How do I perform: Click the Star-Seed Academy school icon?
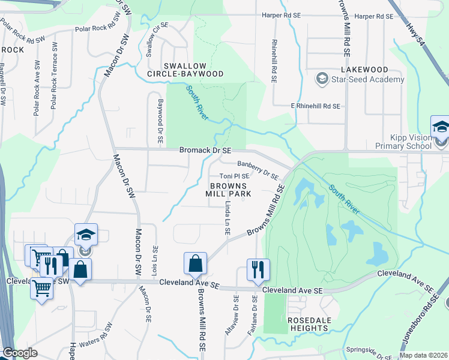point(322,79)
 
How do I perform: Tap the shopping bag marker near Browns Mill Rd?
point(195,263)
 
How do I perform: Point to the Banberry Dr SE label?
point(258,170)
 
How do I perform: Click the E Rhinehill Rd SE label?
point(315,106)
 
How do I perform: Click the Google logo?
point(20,353)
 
